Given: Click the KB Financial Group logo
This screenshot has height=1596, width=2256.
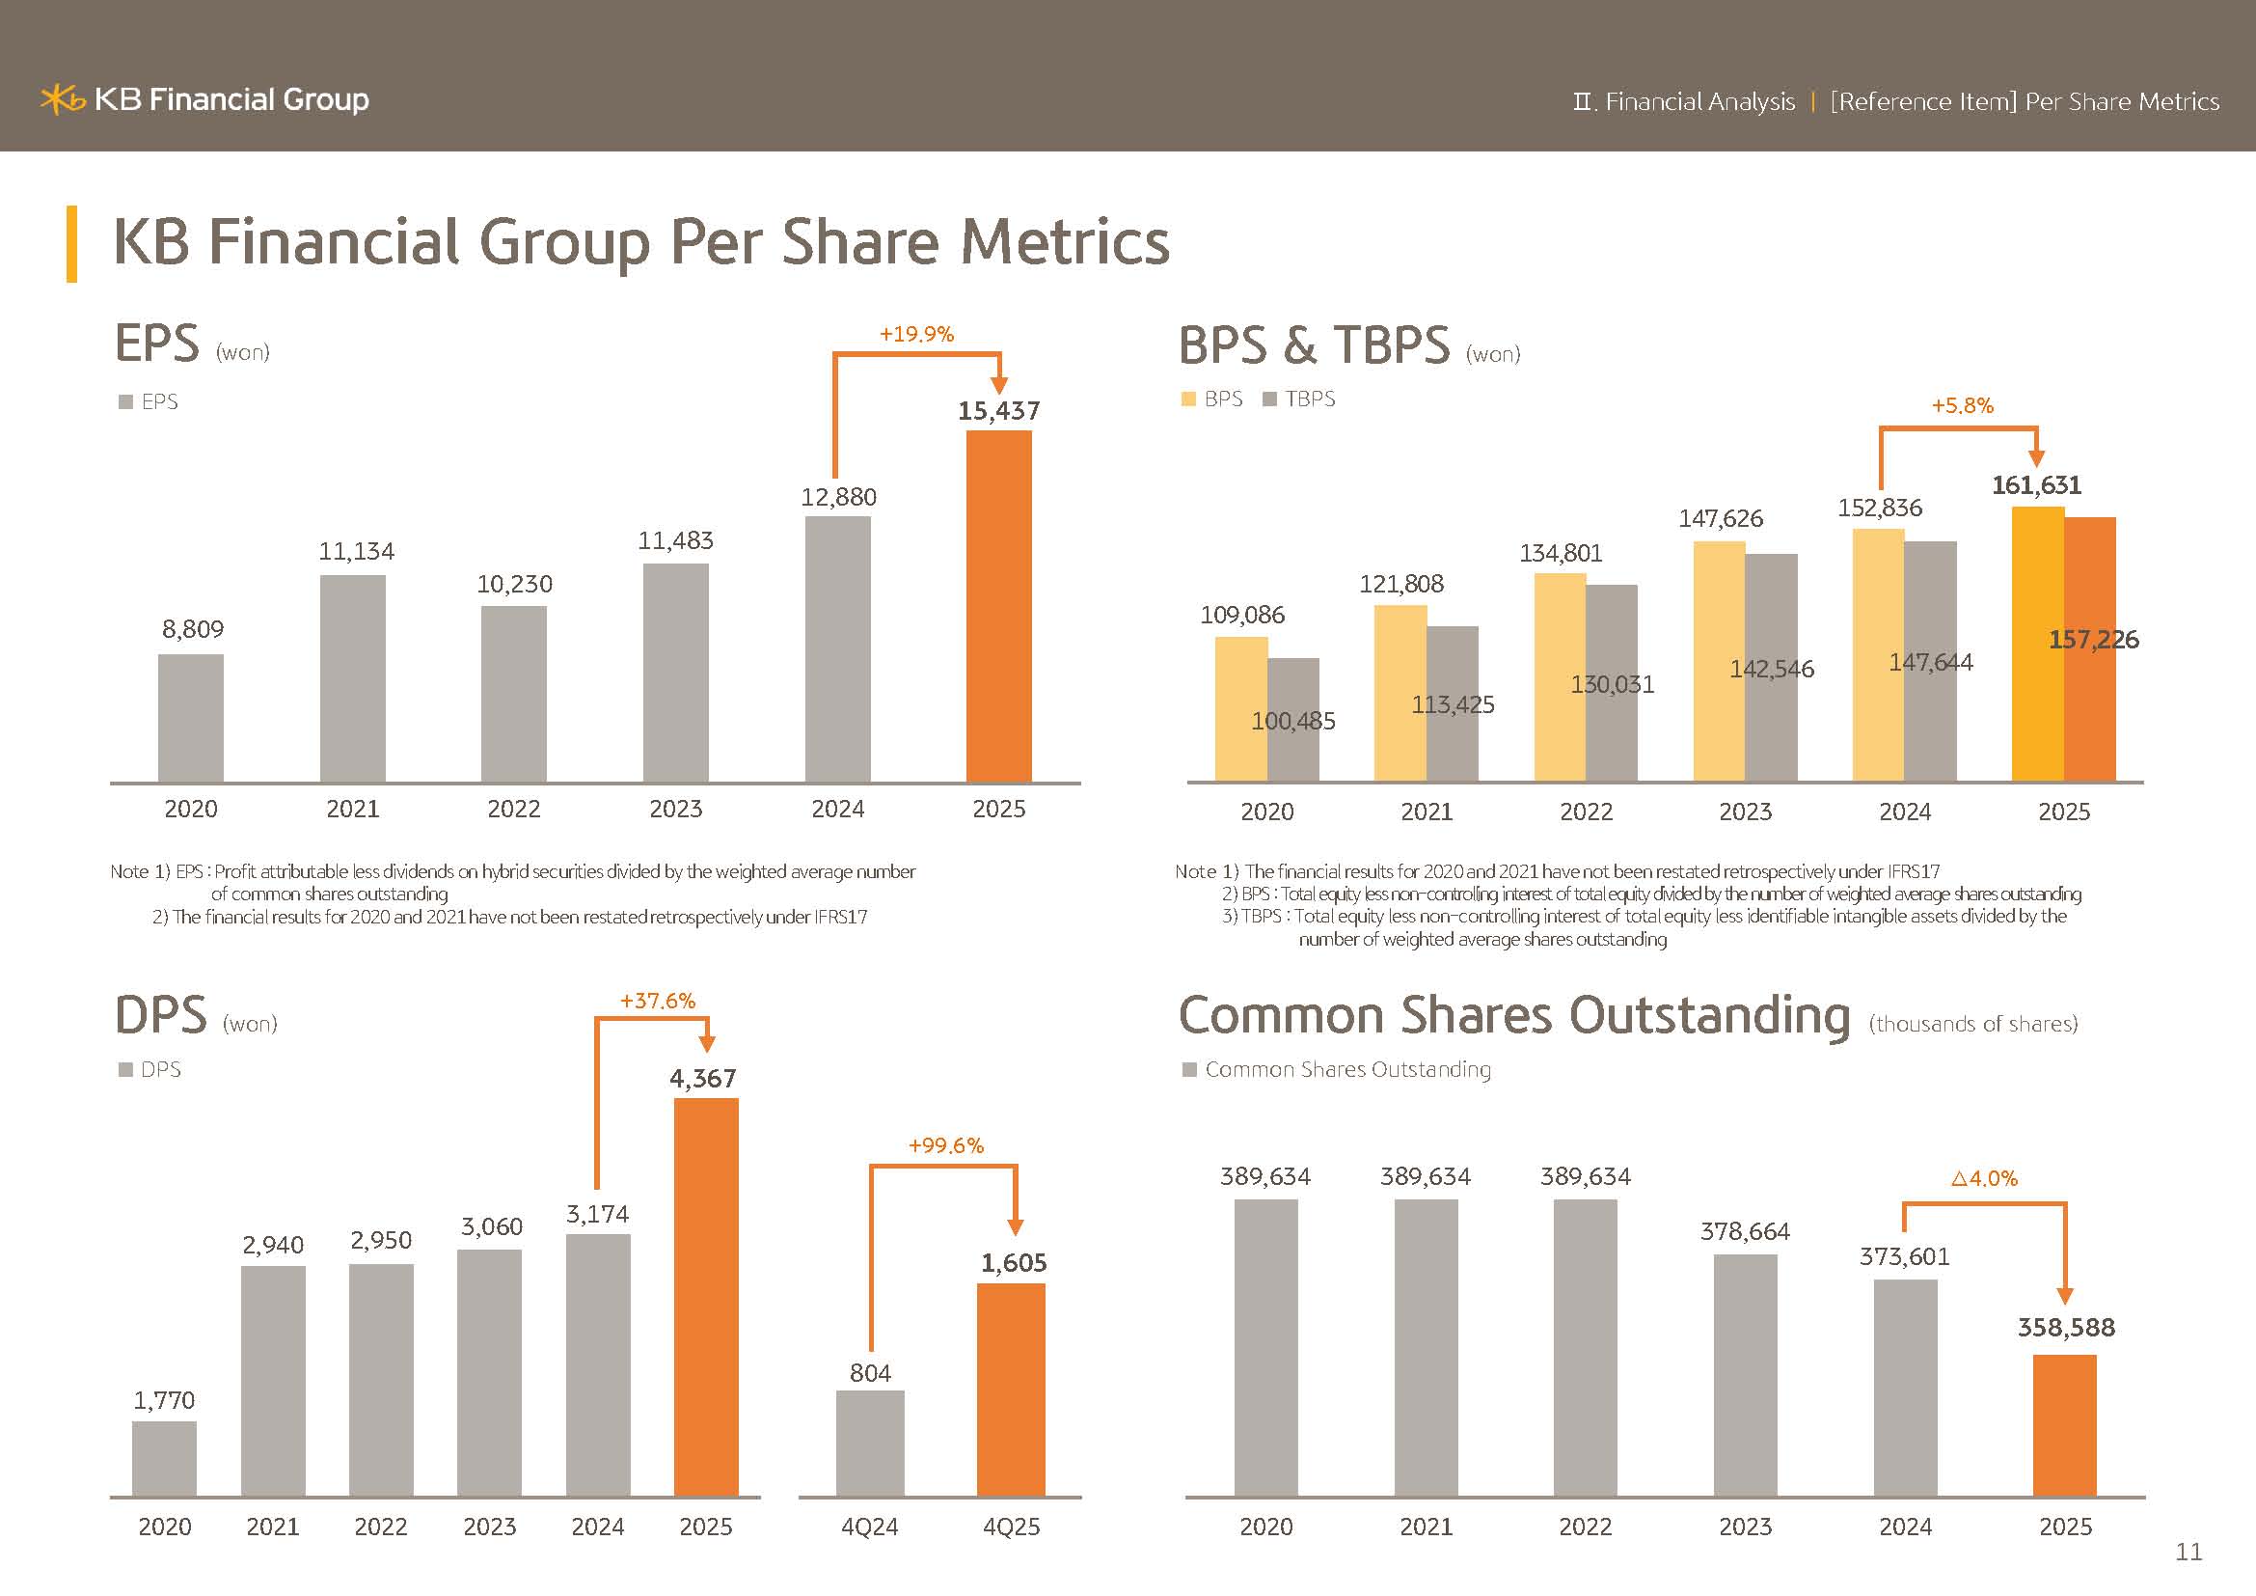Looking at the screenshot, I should [x=204, y=99].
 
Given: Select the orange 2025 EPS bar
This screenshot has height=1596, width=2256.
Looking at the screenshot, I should [x=998, y=605].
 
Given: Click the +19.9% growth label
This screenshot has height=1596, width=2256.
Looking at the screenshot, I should [x=915, y=334].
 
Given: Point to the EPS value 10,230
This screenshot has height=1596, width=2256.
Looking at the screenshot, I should [x=514, y=585].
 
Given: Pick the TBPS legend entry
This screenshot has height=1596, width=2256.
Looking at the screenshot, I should [x=1299, y=399].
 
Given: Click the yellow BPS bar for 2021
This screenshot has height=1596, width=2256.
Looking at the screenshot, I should [x=1400, y=693].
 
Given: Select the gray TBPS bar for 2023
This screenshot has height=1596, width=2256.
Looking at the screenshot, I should [x=1771, y=669].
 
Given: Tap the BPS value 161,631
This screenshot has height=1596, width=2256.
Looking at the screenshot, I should [x=2036, y=485].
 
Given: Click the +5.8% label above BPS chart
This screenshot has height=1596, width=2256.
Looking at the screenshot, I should [x=1961, y=406].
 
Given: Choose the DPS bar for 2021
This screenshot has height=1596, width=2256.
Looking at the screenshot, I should [x=273, y=1381].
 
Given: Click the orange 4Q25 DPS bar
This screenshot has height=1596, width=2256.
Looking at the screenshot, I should [x=1010, y=1390].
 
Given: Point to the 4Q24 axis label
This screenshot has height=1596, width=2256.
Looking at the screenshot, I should [x=870, y=1527].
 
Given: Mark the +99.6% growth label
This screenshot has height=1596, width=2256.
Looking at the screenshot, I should [x=945, y=1146].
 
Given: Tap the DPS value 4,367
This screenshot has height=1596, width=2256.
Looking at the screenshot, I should [x=702, y=1079].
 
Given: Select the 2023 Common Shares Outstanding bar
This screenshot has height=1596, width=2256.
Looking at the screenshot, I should [x=1745, y=1375].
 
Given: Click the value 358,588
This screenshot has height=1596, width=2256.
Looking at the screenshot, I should [x=2065, y=1328].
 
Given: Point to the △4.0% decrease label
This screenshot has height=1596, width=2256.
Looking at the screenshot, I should [x=1984, y=1178].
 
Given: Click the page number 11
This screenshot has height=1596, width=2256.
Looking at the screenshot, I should [x=2188, y=1552].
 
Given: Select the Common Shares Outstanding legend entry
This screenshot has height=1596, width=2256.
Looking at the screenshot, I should [x=1336, y=1069].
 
